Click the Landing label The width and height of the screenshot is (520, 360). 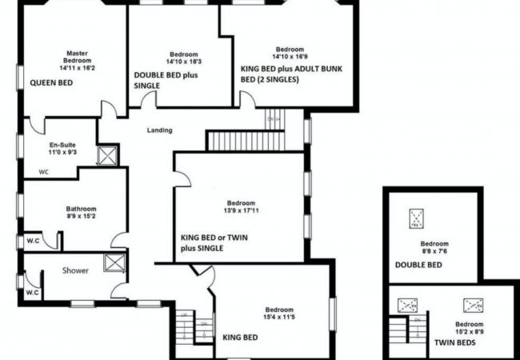[x=159, y=130]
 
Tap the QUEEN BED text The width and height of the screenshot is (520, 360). [x=51, y=83]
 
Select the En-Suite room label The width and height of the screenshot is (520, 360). [x=62, y=145]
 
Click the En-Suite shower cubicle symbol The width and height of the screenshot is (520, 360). [x=107, y=155]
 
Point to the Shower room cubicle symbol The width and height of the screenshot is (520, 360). [x=114, y=263]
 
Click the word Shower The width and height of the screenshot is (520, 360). [x=76, y=270]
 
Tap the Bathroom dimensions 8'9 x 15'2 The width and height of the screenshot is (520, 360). [x=82, y=216]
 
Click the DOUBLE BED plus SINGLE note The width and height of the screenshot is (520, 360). [x=166, y=80]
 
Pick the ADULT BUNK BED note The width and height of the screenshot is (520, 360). [x=292, y=74]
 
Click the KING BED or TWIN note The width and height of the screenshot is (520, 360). [x=214, y=238]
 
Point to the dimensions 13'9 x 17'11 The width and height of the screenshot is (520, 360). [x=241, y=210]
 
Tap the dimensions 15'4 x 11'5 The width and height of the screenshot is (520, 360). [x=279, y=317]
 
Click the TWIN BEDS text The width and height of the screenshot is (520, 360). [x=455, y=342]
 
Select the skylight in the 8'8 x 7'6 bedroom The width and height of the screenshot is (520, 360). [x=416, y=218]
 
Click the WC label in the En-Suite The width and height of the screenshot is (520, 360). [x=43, y=172]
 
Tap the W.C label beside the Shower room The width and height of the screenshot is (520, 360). [x=33, y=293]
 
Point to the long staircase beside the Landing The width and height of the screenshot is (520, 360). [x=246, y=142]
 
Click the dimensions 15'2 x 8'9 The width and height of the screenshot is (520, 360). [x=470, y=331]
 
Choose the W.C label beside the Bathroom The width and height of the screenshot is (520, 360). [x=33, y=241]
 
